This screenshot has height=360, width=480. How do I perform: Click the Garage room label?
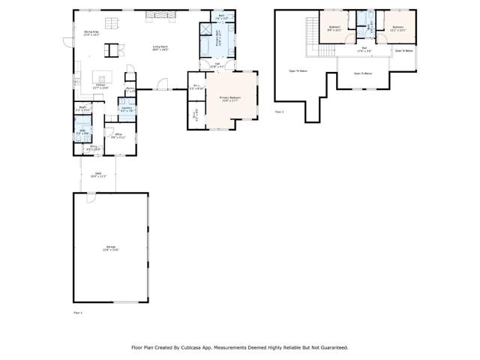coord(111,247)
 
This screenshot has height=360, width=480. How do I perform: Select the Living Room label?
coord(160,48)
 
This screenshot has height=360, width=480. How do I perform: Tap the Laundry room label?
coord(127,109)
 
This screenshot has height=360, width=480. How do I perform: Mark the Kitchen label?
coord(100,85)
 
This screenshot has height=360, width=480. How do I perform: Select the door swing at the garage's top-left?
coord(90,198)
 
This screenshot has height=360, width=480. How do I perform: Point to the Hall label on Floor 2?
coord(363,49)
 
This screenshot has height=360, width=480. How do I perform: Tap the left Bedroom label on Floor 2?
coord(334,28)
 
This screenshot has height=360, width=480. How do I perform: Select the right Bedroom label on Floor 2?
coord(397,28)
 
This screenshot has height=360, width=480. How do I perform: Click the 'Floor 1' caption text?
coord(77,310)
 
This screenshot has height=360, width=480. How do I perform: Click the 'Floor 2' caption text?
coord(279,112)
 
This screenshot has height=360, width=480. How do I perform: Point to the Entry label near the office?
coord(93,148)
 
